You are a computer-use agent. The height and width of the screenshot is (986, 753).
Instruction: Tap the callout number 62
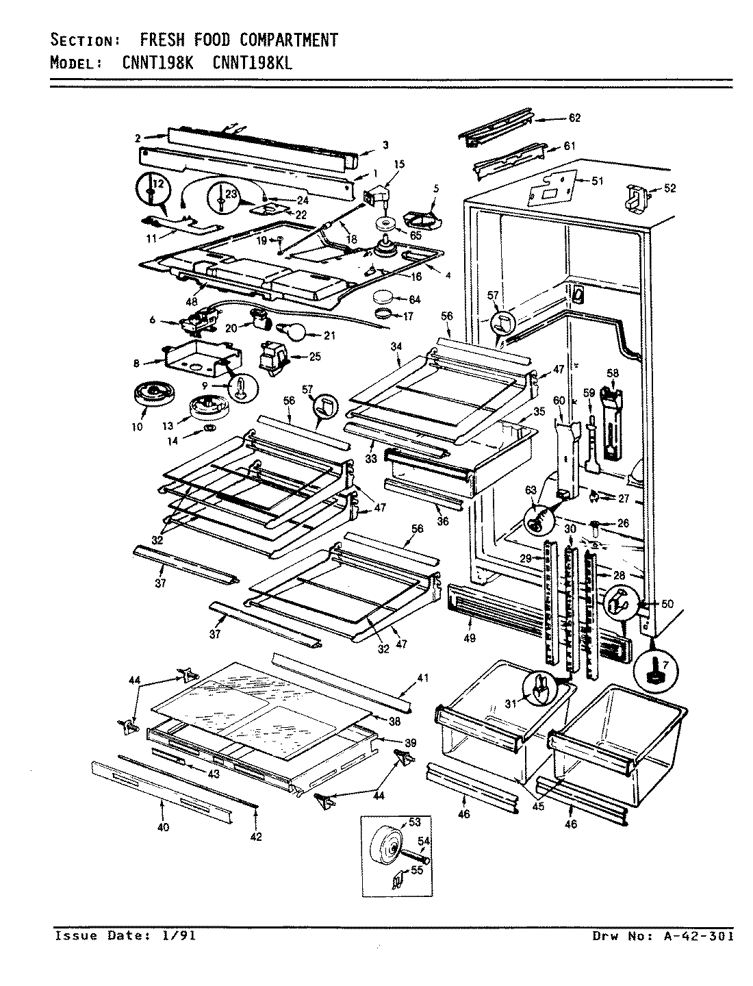click(x=574, y=118)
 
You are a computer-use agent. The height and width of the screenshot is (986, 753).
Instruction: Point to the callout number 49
click(x=469, y=638)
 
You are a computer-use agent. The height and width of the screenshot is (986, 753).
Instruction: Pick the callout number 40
click(x=164, y=827)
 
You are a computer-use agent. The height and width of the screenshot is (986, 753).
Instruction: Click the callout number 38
click(x=394, y=720)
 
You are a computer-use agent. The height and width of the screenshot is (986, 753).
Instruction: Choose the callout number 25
click(x=314, y=355)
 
